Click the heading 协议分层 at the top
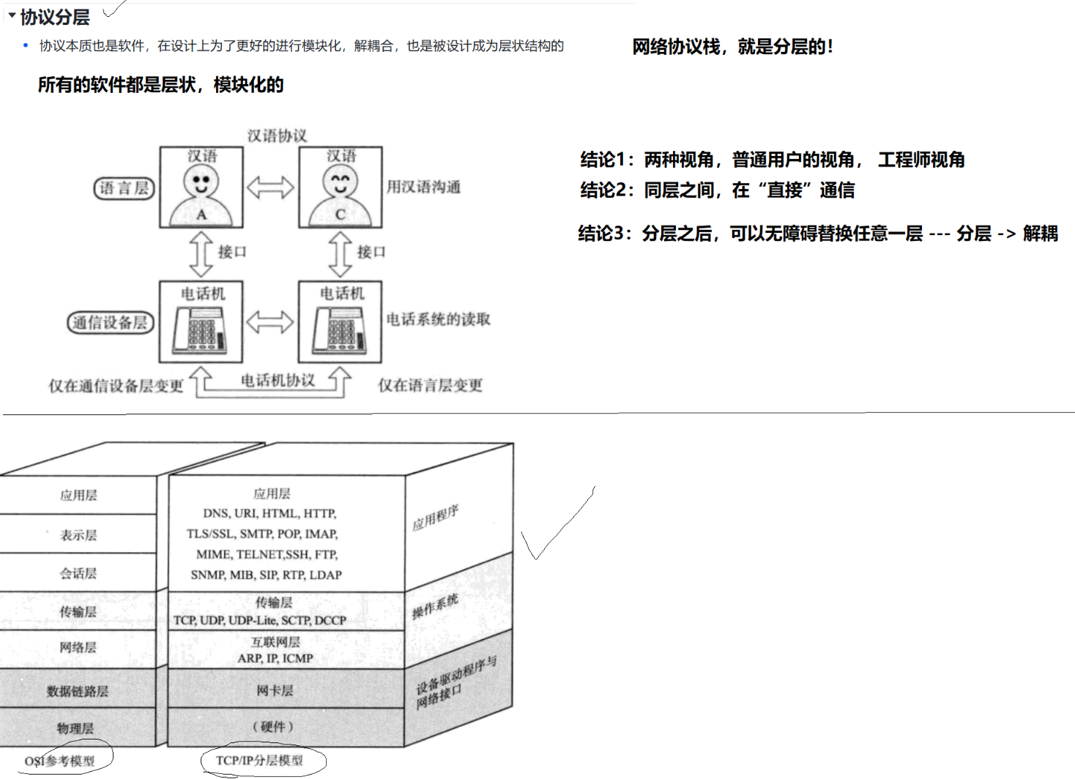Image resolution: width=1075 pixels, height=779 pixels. point(55,17)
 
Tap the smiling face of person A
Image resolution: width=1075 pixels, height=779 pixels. point(201,181)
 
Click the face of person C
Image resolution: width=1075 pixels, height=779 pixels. point(341,181)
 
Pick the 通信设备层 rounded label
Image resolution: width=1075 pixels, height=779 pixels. point(111,322)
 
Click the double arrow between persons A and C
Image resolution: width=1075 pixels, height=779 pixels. point(270,187)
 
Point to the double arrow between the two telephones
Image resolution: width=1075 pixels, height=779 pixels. point(270,321)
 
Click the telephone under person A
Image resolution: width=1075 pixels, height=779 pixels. point(200,329)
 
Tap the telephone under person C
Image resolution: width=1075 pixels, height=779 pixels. point(339,329)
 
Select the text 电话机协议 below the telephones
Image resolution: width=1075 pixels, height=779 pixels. point(278,380)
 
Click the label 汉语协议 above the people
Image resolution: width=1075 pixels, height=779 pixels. point(277,135)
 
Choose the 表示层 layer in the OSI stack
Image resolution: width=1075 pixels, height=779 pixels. point(78,535)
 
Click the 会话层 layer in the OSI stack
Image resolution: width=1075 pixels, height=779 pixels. point(78,573)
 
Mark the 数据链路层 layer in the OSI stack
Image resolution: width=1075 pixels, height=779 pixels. point(78,691)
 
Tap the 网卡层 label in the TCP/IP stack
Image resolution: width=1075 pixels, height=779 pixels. point(275,690)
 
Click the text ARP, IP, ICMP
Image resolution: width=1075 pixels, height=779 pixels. point(275,658)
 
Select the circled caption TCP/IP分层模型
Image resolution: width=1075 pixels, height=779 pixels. point(259,761)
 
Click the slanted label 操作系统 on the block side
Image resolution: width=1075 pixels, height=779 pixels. point(435,606)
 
